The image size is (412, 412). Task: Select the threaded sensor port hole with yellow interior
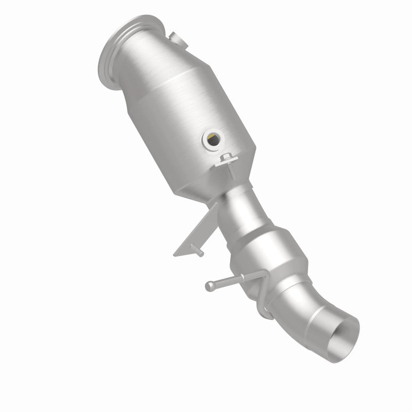point(211,138)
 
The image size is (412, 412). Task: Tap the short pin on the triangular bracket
point(197,251)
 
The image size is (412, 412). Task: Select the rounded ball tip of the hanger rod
point(209,285)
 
